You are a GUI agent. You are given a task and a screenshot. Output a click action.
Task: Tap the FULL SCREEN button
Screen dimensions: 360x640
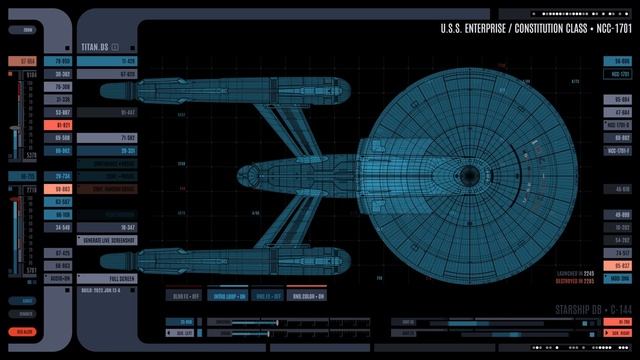[122, 277]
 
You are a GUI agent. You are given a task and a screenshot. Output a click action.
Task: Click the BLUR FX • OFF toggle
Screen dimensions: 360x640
[183, 295]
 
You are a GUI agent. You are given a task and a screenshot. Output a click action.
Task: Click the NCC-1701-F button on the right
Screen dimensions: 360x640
[618, 150]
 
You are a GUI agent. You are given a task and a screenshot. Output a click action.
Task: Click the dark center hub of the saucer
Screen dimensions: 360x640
[469, 176]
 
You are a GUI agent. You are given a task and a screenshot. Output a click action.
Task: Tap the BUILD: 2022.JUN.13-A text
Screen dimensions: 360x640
[108, 289]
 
